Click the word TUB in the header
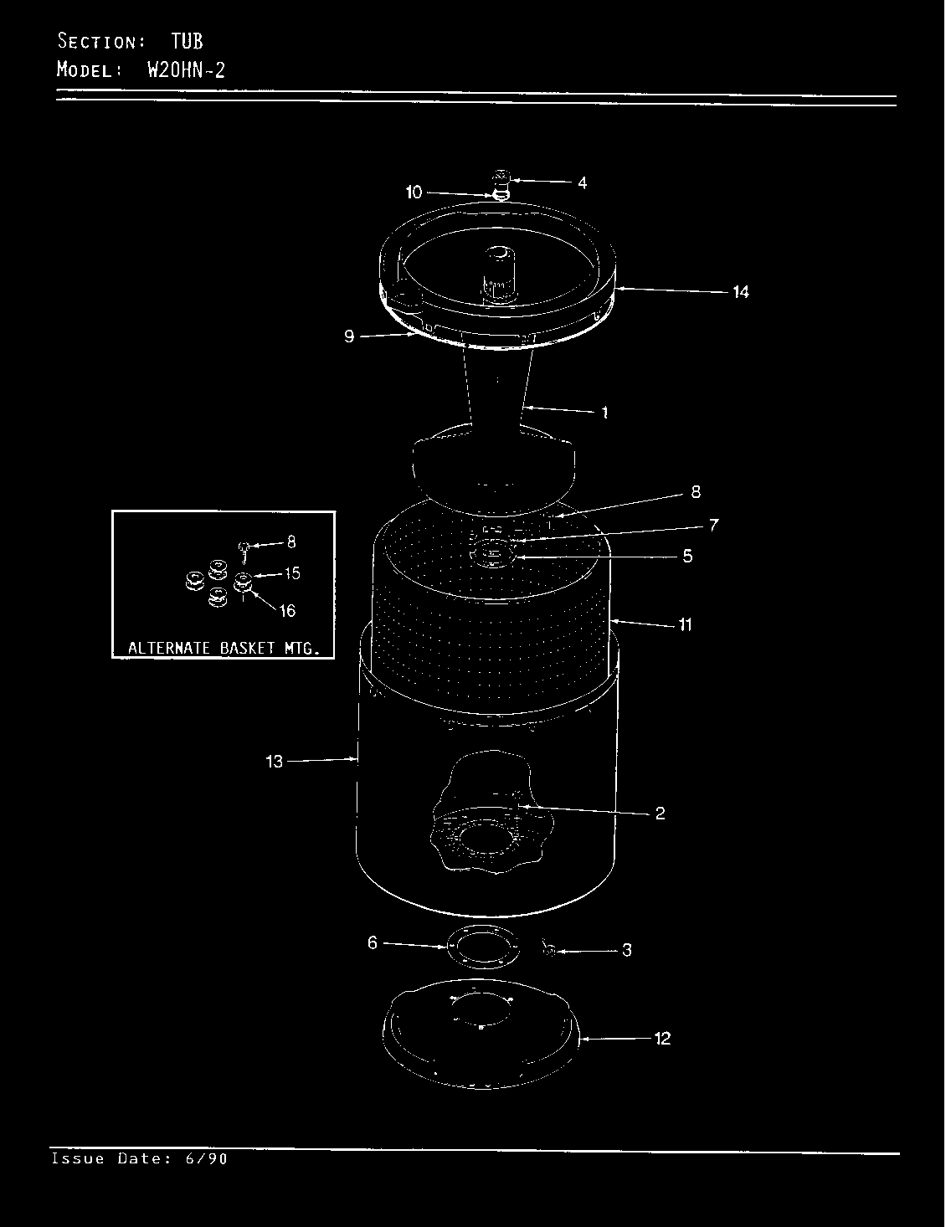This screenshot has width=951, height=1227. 187,41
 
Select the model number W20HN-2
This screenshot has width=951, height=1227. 187,70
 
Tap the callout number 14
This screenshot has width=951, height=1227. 740,291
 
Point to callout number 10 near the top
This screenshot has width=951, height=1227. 414,193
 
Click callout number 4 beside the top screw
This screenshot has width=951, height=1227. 582,182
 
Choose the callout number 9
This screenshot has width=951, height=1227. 349,336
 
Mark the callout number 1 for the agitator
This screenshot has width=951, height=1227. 604,413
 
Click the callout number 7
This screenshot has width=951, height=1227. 714,526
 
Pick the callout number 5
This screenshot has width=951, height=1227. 687,557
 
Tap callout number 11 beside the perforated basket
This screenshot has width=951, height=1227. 685,624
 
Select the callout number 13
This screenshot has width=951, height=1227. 274,762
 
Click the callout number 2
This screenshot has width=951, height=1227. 661,813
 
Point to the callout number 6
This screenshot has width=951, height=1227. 373,942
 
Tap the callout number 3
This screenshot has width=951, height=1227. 627,950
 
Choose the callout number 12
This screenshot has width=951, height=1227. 662,1039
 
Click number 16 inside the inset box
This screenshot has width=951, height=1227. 287,610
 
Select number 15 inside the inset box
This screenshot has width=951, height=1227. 292,573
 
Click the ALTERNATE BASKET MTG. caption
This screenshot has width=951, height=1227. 224,648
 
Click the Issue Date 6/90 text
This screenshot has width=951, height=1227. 140,1159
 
